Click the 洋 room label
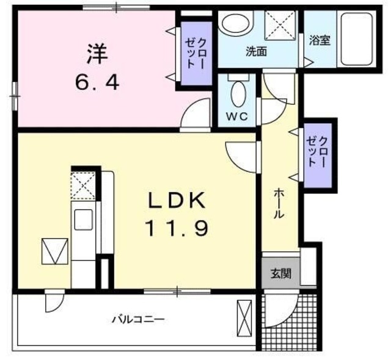coord(97,54)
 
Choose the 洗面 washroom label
coord(257,52)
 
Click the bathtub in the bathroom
coord(355,39)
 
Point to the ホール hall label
coord(277,204)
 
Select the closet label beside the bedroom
coord(194,53)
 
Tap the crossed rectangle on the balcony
coord(244,317)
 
